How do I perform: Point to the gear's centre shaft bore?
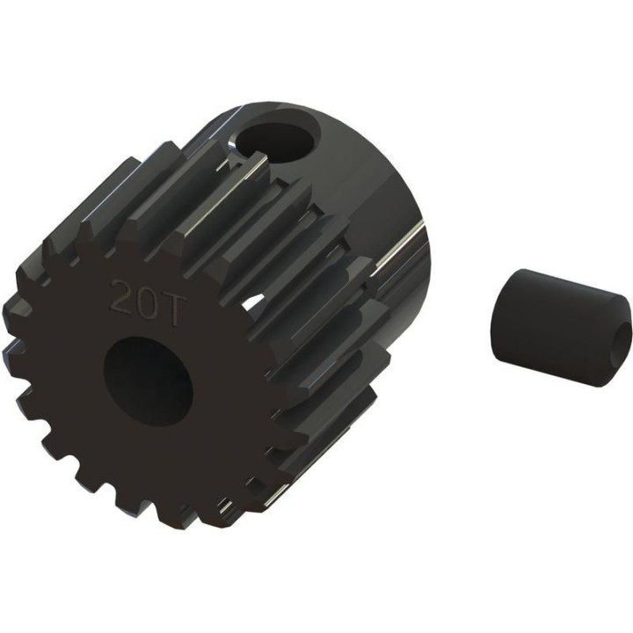tap(148, 382)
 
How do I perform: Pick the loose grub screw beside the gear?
tap(562, 327)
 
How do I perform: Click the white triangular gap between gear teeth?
tap(255, 303)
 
